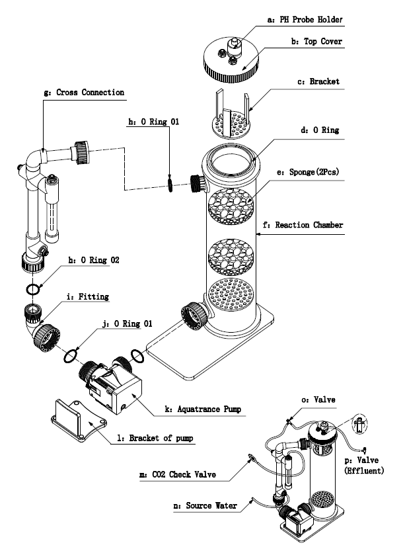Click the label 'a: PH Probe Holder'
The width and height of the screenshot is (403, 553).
(305, 19)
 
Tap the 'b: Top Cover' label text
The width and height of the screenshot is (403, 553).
(316, 41)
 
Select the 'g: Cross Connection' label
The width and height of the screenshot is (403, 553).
(84, 93)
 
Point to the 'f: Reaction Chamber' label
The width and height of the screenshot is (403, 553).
(303, 225)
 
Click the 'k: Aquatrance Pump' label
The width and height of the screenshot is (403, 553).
(203, 409)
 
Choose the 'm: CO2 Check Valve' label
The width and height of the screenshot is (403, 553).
(178, 474)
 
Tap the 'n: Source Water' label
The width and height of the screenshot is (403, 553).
(205, 506)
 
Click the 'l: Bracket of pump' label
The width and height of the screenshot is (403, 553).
(155, 438)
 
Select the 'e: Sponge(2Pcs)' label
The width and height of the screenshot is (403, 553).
(308, 172)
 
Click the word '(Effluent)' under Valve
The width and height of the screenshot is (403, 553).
(364, 470)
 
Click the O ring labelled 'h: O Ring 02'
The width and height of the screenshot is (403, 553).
(33, 290)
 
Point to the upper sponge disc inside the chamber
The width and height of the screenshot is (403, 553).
(231, 206)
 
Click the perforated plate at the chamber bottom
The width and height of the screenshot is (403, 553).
(231, 295)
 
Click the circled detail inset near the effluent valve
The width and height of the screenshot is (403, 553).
(359, 423)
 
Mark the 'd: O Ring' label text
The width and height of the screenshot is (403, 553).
(320, 130)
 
